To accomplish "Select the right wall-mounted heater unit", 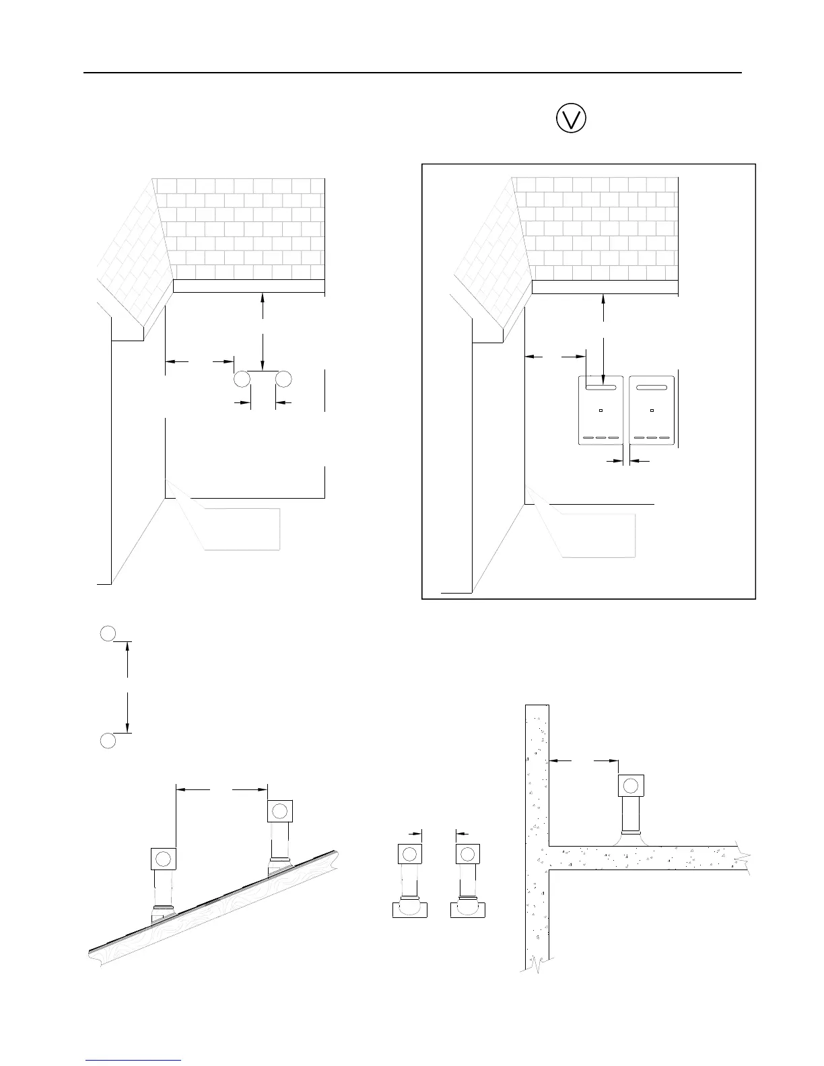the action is [x=653, y=411].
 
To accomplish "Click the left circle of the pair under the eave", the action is [x=242, y=379].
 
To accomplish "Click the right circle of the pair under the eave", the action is [x=283, y=379].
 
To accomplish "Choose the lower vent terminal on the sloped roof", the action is [x=163, y=859].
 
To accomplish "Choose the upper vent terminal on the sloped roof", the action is [x=279, y=810].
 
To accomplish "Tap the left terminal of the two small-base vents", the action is [x=409, y=855].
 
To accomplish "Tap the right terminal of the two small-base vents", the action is [x=467, y=855].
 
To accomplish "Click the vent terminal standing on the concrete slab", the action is [x=631, y=785].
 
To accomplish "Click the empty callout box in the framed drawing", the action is [x=599, y=535].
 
